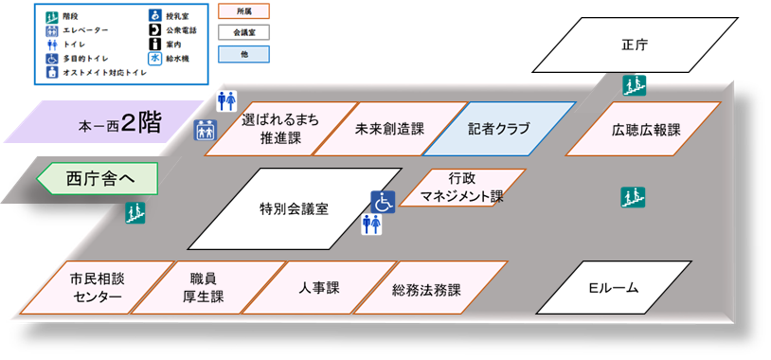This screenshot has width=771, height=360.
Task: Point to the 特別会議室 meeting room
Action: pyautogui.click(x=295, y=208)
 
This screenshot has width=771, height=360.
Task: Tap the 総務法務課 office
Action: pyautogui.click(x=425, y=289)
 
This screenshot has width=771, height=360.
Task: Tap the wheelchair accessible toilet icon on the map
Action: pyautogui.click(x=382, y=202)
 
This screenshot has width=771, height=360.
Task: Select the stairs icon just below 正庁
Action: pyautogui.click(x=633, y=85)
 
